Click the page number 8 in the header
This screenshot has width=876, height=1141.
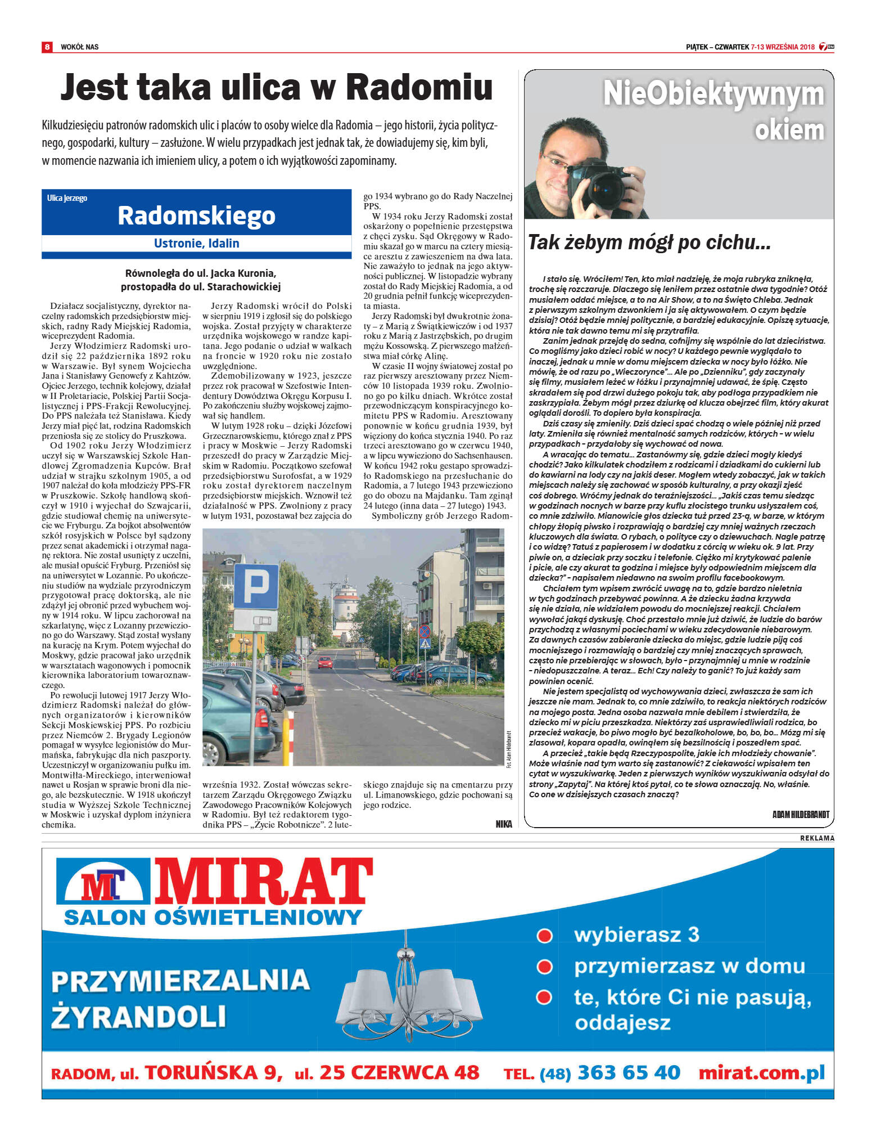click(47, 47)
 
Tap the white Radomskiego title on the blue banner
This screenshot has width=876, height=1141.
click(196, 215)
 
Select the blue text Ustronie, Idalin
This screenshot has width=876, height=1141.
click(196, 243)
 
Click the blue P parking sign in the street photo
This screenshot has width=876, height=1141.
click(256, 587)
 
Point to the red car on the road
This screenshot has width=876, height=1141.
click(325, 662)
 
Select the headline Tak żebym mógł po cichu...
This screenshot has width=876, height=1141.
click(649, 242)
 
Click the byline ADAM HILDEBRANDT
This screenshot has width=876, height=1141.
click(801, 814)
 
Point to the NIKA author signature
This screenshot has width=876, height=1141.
click(504, 824)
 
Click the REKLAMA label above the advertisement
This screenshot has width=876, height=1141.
click(817, 838)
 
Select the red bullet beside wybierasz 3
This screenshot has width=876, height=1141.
click(544, 935)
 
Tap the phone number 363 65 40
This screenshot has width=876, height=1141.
click(629, 1072)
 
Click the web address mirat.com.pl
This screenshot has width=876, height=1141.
click(761, 1072)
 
